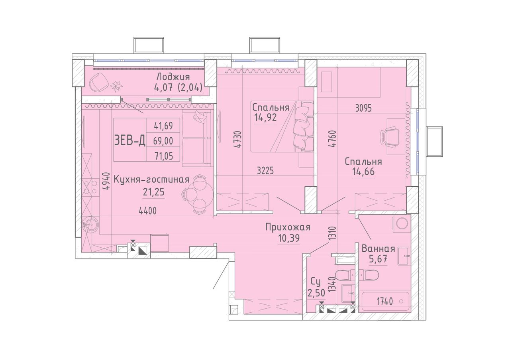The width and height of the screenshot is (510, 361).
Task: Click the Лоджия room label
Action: click(x=173, y=77)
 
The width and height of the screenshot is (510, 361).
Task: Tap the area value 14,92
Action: click(x=265, y=118)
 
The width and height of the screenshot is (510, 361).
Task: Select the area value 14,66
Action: click(x=363, y=172)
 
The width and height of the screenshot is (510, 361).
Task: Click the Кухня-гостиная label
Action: click(x=151, y=180)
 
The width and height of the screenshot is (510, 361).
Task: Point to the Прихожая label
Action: click(x=288, y=227)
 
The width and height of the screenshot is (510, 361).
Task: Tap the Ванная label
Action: click(x=378, y=249)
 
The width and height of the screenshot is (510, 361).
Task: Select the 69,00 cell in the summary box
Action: click(x=163, y=141)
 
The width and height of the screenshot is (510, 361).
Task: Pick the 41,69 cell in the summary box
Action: click(x=163, y=126)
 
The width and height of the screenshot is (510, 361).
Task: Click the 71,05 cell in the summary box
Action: click(x=163, y=156)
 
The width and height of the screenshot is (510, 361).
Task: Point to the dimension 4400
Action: click(x=148, y=211)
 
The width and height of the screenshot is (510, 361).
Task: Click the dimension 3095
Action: click(x=363, y=108)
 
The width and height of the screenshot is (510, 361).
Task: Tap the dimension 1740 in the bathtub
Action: click(x=385, y=302)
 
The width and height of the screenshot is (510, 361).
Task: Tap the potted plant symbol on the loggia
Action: click(x=116, y=87)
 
